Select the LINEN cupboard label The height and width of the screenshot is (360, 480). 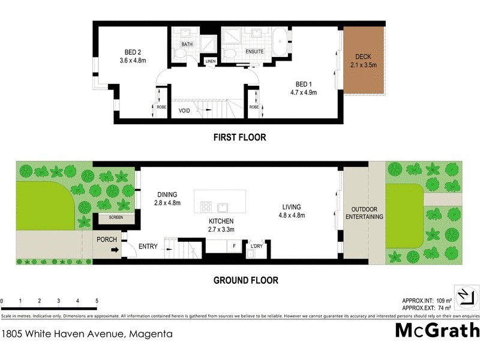[x=210, y=61]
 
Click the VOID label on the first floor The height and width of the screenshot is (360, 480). [x=185, y=110]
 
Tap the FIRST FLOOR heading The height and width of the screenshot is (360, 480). [x=239, y=137]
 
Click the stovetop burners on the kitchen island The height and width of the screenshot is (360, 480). [x=206, y=206]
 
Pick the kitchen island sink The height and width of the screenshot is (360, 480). [x=224, y=207]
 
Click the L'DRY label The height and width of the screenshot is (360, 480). [x=257, y=246]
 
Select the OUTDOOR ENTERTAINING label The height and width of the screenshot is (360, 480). [x=364, y=212]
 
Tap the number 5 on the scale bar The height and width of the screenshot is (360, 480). [x=96, y=301]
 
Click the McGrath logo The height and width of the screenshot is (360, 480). [x=437, y=330]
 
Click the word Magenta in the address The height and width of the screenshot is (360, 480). [x=149, y=334]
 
